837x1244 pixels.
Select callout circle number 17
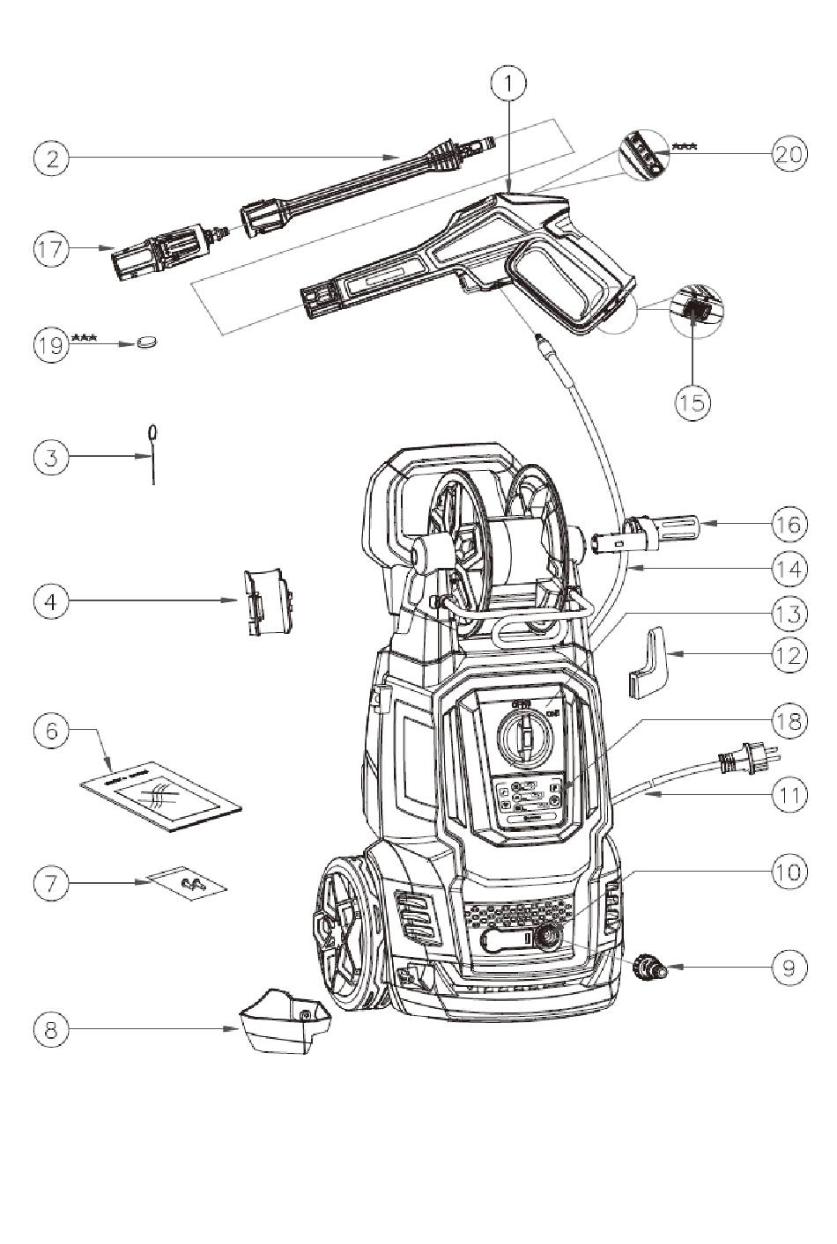pyautogui.click(x=51, y=248)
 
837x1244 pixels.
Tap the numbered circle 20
pyautogui.click(x=789, y=154)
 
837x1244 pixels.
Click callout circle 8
pyautogui.click(x=51, y=1028)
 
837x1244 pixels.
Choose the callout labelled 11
pyautogui.click(x=789, y=795)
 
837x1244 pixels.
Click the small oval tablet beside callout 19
pyautogui.click(x=147, y=342)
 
